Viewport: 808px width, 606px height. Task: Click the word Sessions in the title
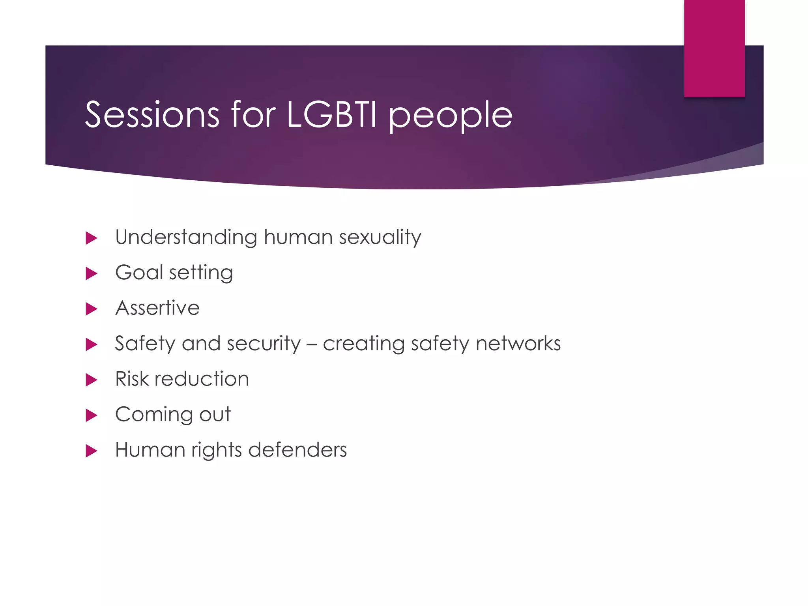152,115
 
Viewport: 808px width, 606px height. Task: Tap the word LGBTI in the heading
331,115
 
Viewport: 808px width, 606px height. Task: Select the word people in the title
451,116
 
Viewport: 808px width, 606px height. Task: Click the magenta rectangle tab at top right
714,48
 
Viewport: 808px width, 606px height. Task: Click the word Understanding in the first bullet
186,237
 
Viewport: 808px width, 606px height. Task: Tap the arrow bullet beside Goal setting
91,273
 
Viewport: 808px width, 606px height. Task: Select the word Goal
139,273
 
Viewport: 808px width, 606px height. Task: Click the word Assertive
157,308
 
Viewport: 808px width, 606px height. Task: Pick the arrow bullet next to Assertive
91,309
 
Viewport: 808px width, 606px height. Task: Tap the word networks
518,344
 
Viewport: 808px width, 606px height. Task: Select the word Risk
132,379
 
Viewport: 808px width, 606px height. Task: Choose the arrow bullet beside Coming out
91,415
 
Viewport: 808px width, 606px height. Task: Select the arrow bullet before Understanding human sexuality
91,238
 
